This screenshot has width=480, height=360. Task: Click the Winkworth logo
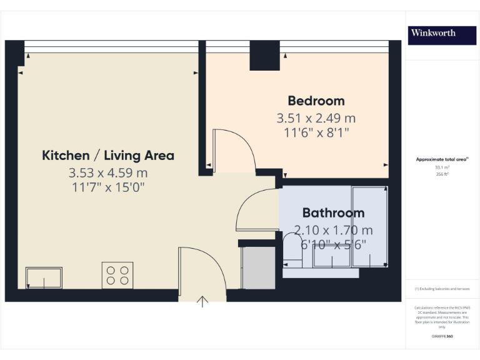pos(432,33)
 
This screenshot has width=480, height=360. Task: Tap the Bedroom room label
pos(316,101)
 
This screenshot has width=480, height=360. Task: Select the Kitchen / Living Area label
pos(108,156)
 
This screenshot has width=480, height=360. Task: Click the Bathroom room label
pos(333,212)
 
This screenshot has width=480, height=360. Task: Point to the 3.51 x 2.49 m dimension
pos(316,117)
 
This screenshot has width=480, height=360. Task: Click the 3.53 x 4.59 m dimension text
pos(108,172)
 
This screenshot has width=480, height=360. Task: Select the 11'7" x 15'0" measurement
pos(108,187)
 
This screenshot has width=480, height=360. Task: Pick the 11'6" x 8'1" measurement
pos(316,132)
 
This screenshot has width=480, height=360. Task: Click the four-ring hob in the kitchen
pos(117,275)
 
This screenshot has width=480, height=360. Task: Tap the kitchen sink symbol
pos(44,277)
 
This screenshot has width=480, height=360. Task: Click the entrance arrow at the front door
pos(202,302)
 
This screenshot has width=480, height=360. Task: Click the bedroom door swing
pos(232,150)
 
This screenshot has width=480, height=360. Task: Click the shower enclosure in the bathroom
pos(369,226)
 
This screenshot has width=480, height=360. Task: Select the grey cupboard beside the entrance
pos(258,267)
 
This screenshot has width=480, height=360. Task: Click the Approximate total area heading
pos(442,160)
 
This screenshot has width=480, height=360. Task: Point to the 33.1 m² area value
pos(442,167)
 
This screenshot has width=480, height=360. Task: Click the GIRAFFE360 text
pos(442,337)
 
